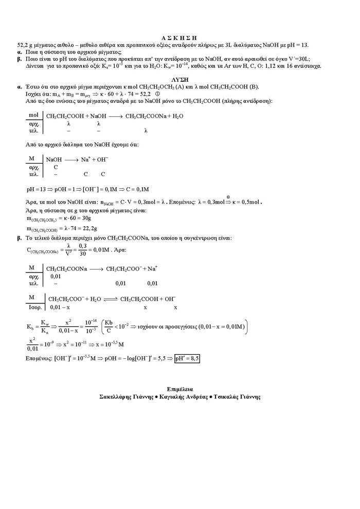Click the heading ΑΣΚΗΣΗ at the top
click(179, 38)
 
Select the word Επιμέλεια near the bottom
click(180, 389)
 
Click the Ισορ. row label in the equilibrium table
click(34, 307)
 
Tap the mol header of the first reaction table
click(34, 116)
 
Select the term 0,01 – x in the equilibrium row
click(60, 307)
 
